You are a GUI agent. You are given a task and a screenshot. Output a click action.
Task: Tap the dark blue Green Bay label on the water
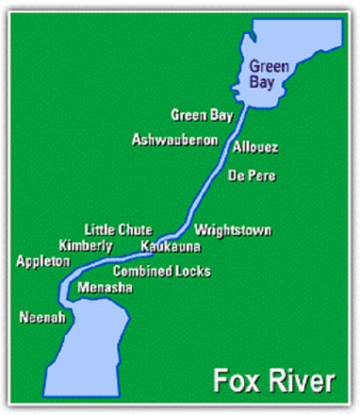[x=266, y=74]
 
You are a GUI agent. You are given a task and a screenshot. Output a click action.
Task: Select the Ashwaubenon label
[x=175, y=140]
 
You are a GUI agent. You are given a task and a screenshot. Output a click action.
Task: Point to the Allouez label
[x=255, y=148]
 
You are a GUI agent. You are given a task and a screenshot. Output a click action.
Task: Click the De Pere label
[x=251, y=174]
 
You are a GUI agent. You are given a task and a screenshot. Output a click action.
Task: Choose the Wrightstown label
[x=233, y=229]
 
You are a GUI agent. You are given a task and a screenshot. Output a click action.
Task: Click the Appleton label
[x=43, y=260]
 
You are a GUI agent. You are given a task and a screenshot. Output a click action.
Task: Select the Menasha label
[x=106, y=287]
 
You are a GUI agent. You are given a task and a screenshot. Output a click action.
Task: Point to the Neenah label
[x=42, y=318]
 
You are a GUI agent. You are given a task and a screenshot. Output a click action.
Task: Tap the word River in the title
[x=299, y=382]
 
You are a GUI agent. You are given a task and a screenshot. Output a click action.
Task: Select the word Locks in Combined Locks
[x=193, y=272]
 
